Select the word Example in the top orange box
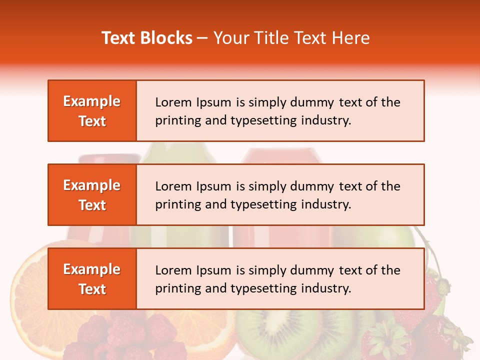[x=92, y=101]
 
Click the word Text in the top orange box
[x=92, y=121]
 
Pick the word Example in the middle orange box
[x=92, y=185]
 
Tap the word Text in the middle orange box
[x=92, y=205]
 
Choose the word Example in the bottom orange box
[x=92, y=269]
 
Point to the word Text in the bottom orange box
[x=92, y=289]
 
